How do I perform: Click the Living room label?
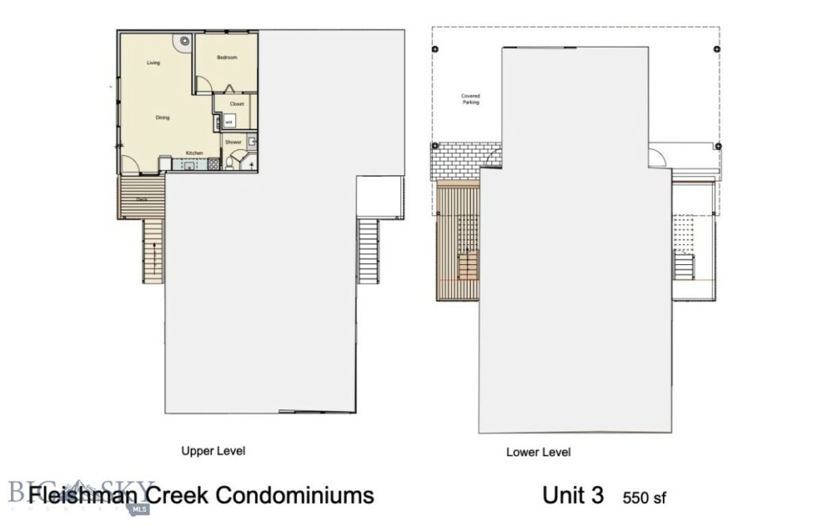(x=153, y=63)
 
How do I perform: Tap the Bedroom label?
(x=227, y=58)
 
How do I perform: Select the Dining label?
(x=161, y=117)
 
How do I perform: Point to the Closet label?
(x=237, y=104)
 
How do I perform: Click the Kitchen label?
(x=195, y=152)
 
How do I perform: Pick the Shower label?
(x=233, y=142)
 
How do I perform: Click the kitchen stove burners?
(x=212, y=165)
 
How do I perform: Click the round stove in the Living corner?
(x=184, y=40)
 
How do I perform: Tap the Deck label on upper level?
(x=141, y=199)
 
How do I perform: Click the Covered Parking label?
(x=471, y=99)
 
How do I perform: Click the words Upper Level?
(x=214, y=451)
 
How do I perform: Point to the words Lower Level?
(x=538, y=452)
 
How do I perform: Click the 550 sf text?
(x=645, y=498)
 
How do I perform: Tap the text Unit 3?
(x=573, y=496)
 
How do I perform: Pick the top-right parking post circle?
(x=719, y=49)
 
